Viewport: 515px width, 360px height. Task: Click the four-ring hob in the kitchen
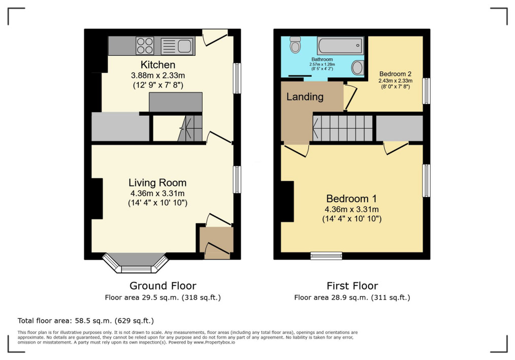(x=145, y=46)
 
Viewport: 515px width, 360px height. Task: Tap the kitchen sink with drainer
(x=177, y=46)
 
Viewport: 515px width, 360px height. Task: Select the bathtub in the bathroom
(x=340, y=45)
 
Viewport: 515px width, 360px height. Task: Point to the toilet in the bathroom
(x=295, y=44)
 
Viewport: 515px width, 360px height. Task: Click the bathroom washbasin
(x=358, y=68)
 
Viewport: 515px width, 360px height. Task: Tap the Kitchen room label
(x=157, y=64)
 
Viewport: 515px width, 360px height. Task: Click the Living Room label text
(x=157, y=183)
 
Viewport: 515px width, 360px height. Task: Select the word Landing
(x=305, y=96)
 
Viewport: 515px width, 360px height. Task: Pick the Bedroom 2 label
(x=396, y=74)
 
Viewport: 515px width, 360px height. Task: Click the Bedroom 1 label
(x=351, y=199)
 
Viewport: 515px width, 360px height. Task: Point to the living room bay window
(x=135, y=263)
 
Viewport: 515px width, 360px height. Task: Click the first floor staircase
(x=342, y=128)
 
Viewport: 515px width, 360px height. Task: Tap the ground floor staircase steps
(x=190, y=128)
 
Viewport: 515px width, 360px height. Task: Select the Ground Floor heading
(x=163, y=286)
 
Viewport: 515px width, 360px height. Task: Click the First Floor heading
(x=352, y=286)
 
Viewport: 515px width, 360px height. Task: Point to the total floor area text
(x=86, y=320)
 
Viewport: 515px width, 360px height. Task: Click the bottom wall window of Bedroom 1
(x=327, y=255)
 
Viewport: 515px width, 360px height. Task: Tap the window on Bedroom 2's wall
(x=426, y=91)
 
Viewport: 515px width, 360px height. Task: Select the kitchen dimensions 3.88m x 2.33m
(x=158, y=75)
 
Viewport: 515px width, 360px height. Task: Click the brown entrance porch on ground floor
(x=217, y=243)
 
